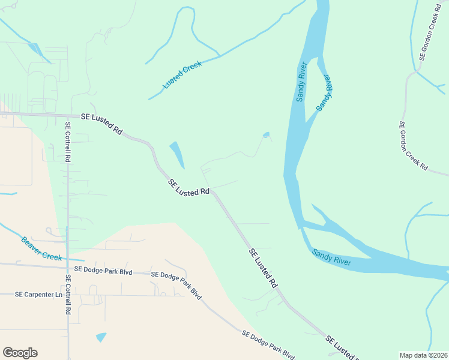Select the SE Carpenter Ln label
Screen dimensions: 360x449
(38, 295)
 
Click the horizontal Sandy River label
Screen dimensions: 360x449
(331, 257)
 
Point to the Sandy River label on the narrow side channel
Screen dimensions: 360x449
(324, 92)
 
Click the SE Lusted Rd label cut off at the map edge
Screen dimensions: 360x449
(343, 347)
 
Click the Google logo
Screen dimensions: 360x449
(20, 353)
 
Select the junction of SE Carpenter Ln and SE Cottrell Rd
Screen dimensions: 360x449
(68, 295)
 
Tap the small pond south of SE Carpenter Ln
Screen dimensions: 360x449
(101, 337)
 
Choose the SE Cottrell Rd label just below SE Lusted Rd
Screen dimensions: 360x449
(68, 142)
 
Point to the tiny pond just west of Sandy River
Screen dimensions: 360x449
(266, 134)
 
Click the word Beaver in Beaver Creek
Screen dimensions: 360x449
(33, 244)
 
